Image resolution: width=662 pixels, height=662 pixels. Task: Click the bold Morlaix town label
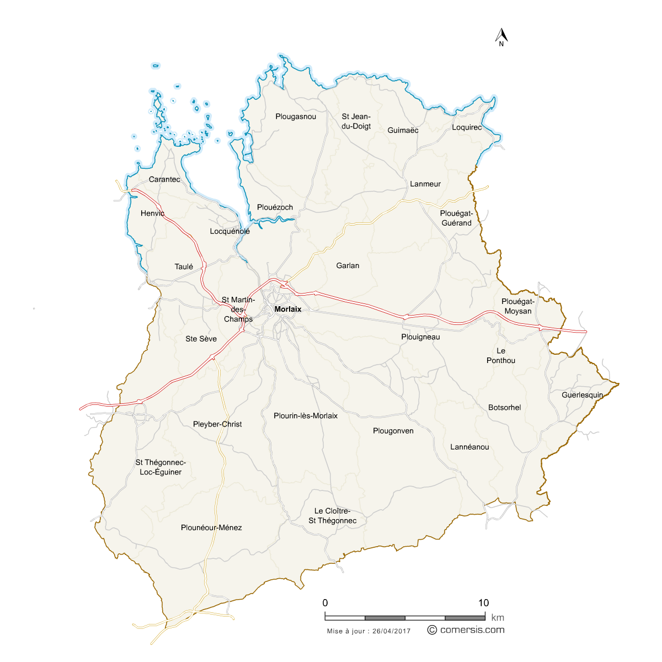pyautogui.click(x=288, y=309)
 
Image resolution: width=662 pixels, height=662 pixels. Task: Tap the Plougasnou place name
pyautogui.click(x=296, y=116)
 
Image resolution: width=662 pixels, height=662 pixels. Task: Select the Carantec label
pyautogui.click(x=164, y=179)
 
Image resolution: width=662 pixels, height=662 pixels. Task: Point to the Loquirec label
pyautogui.click(x=467, y=127)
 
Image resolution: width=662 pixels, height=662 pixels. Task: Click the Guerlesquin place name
pyautogui.click(x=583, y=395)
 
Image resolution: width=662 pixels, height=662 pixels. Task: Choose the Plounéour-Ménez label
pyautogui.click(x=211, y=527)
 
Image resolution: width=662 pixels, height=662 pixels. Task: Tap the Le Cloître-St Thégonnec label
pyautogui.click(x=332, y=516)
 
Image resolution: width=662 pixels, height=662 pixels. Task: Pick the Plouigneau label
pyautogui.click(x=420, y=337)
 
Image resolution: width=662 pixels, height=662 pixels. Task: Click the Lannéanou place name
pyautogui.click(x=469, y=447)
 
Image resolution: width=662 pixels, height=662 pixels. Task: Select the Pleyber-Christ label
pyautogui.click(x=217, y=424)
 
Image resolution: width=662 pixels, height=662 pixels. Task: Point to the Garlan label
pyautogui.click(x=348, y=266)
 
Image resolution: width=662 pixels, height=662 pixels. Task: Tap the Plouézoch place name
pyautogui.click(x=275, y=207)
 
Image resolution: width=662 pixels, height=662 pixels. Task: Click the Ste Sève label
pyautogui.click(x=201, y=339)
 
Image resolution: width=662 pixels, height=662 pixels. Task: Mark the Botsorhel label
pyautogui.click(x=504, y=408)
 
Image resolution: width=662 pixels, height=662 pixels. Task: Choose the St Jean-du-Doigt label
pyautogui.click(x=356, y=121)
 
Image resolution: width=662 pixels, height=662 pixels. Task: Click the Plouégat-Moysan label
pyautogui.click(x=518, y=306)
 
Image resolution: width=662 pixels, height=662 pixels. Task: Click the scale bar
pyautogui.click(x=405, y=617)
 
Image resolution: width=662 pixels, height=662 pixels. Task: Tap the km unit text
pyautogui.click(x=497, y=618)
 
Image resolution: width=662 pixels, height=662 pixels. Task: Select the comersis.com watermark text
pyautogui.click(x=472, y=630)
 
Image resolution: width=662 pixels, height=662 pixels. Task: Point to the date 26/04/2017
pyautogui.click(x=392, y=631)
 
